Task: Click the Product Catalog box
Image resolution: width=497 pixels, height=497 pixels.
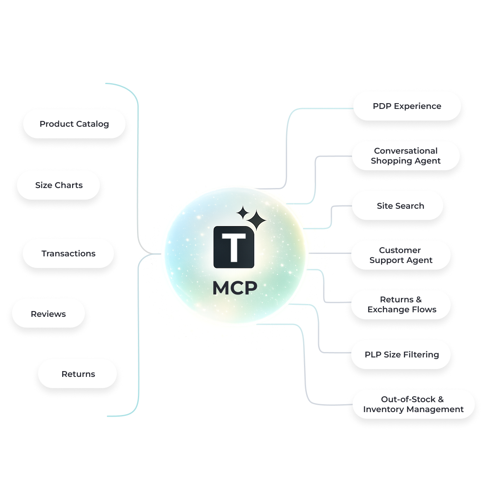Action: [x=74, y=124]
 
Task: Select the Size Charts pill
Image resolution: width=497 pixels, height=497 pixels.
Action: [x=58, y=185]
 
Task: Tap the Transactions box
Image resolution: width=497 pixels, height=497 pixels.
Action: [x=68, y=253]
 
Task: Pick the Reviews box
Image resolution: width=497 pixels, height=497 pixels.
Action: [x=48, y=314]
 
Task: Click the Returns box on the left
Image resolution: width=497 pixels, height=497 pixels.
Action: [x=78, y=374]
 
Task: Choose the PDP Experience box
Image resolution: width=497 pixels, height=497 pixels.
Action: [x=407, y=106]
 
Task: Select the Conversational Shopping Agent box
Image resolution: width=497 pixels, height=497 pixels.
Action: [x=405, y=156]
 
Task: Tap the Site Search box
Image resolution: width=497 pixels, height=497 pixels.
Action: [x=400, y=206]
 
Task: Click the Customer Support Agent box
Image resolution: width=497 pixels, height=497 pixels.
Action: [x=400, y=255]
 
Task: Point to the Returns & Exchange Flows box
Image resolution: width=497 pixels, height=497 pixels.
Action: [x=401, y=304]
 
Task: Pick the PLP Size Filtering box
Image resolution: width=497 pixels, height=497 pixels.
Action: [x=401, y=355]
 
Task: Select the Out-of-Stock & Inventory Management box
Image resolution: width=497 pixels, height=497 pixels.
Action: [x=413, y=404]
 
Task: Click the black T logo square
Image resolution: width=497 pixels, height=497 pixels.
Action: [x=233, y=247]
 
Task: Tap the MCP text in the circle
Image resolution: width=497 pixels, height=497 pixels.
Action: [x=234, y=288]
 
